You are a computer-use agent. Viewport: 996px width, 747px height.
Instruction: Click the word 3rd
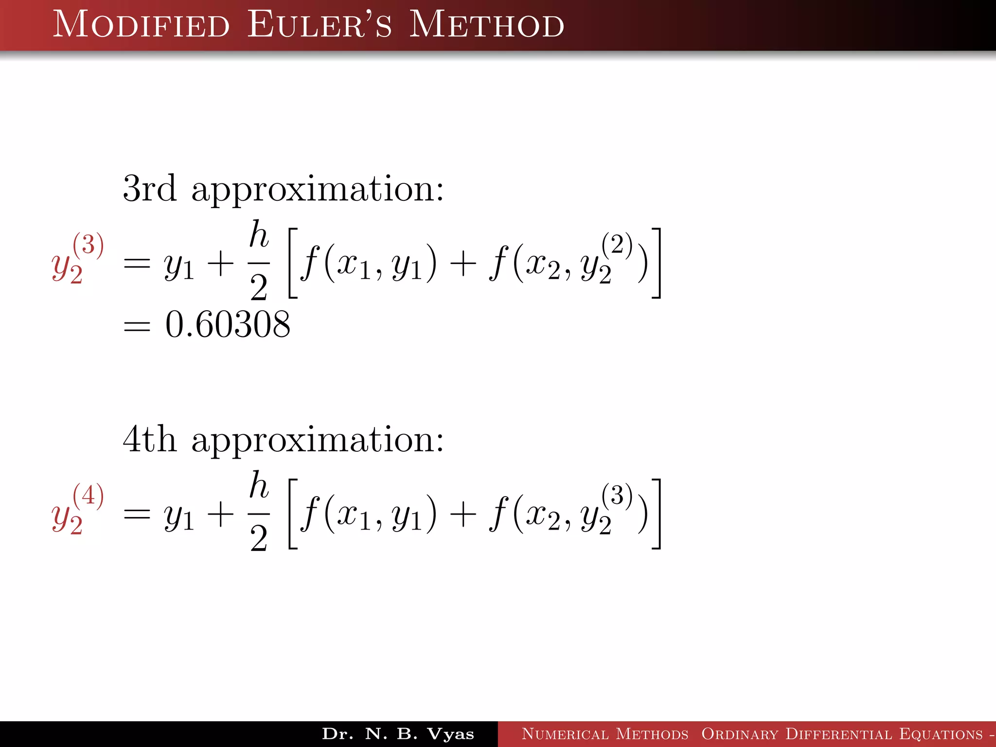coord(149,188)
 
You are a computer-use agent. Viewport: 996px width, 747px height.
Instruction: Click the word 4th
coord(149,439)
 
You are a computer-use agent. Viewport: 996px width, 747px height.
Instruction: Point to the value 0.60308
coord(228,324)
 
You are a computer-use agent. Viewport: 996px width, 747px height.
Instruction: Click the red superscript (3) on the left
coord(88,245)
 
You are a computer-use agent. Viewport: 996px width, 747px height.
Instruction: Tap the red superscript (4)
coord(88,496)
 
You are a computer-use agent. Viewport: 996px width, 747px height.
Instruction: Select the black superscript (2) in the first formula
coord(617,245)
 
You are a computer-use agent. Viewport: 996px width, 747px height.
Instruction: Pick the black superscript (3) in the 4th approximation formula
coord(617,496)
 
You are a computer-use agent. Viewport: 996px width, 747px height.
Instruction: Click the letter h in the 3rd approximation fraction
coord(259,234)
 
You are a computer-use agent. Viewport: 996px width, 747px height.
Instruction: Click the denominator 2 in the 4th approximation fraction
coord(259,538)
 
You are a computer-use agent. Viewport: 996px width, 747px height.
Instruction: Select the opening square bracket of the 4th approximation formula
coord(293,514)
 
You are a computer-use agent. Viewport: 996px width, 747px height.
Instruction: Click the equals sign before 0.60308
coord(137,325)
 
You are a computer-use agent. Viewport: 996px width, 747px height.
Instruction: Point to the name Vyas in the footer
coord(450,734)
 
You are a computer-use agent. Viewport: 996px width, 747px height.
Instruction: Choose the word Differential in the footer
coord(838,734)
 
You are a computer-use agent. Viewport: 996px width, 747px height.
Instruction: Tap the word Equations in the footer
coord(941,734)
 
